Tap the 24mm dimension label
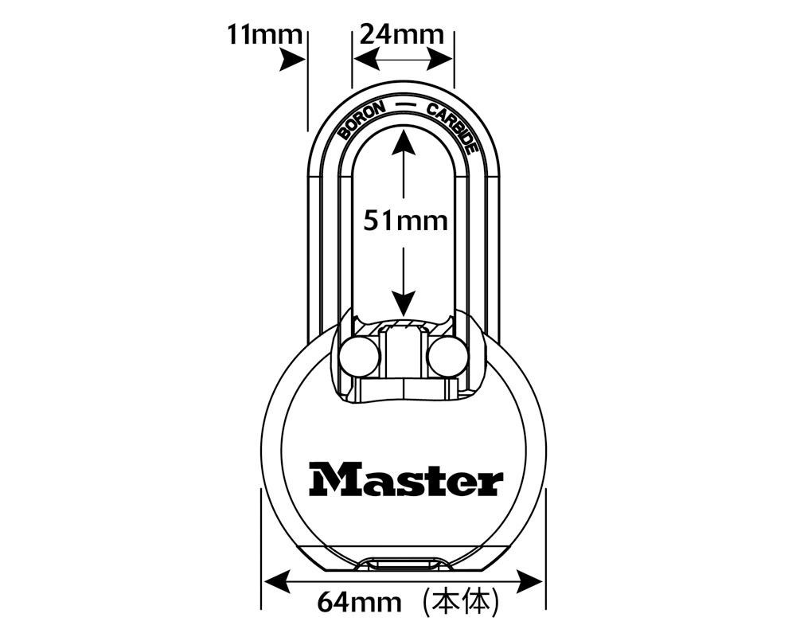tap(401, 34)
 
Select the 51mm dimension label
tap(405, 220)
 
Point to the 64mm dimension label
tap(360, 603)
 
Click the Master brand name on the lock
tap(406, 479)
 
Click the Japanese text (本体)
tap(461, 602)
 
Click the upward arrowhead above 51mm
tap(404, 143)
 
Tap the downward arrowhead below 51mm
tap(404, 302)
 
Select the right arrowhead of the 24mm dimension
tap(442, 58)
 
